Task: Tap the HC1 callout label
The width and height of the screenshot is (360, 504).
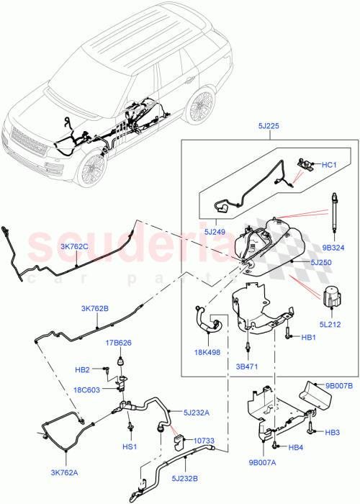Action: pyautogui.click(x=330, y=166)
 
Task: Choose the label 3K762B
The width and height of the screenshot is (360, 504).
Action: pyautogui.click(x=96, y=307)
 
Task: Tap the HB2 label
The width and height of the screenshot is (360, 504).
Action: pyautogui.click(x=83, y=370)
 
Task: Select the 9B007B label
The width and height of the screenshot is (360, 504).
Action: pyautogui.click(x=338, y=386)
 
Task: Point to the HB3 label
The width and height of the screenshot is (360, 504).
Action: pyautogui.click(x=332, y=432)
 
